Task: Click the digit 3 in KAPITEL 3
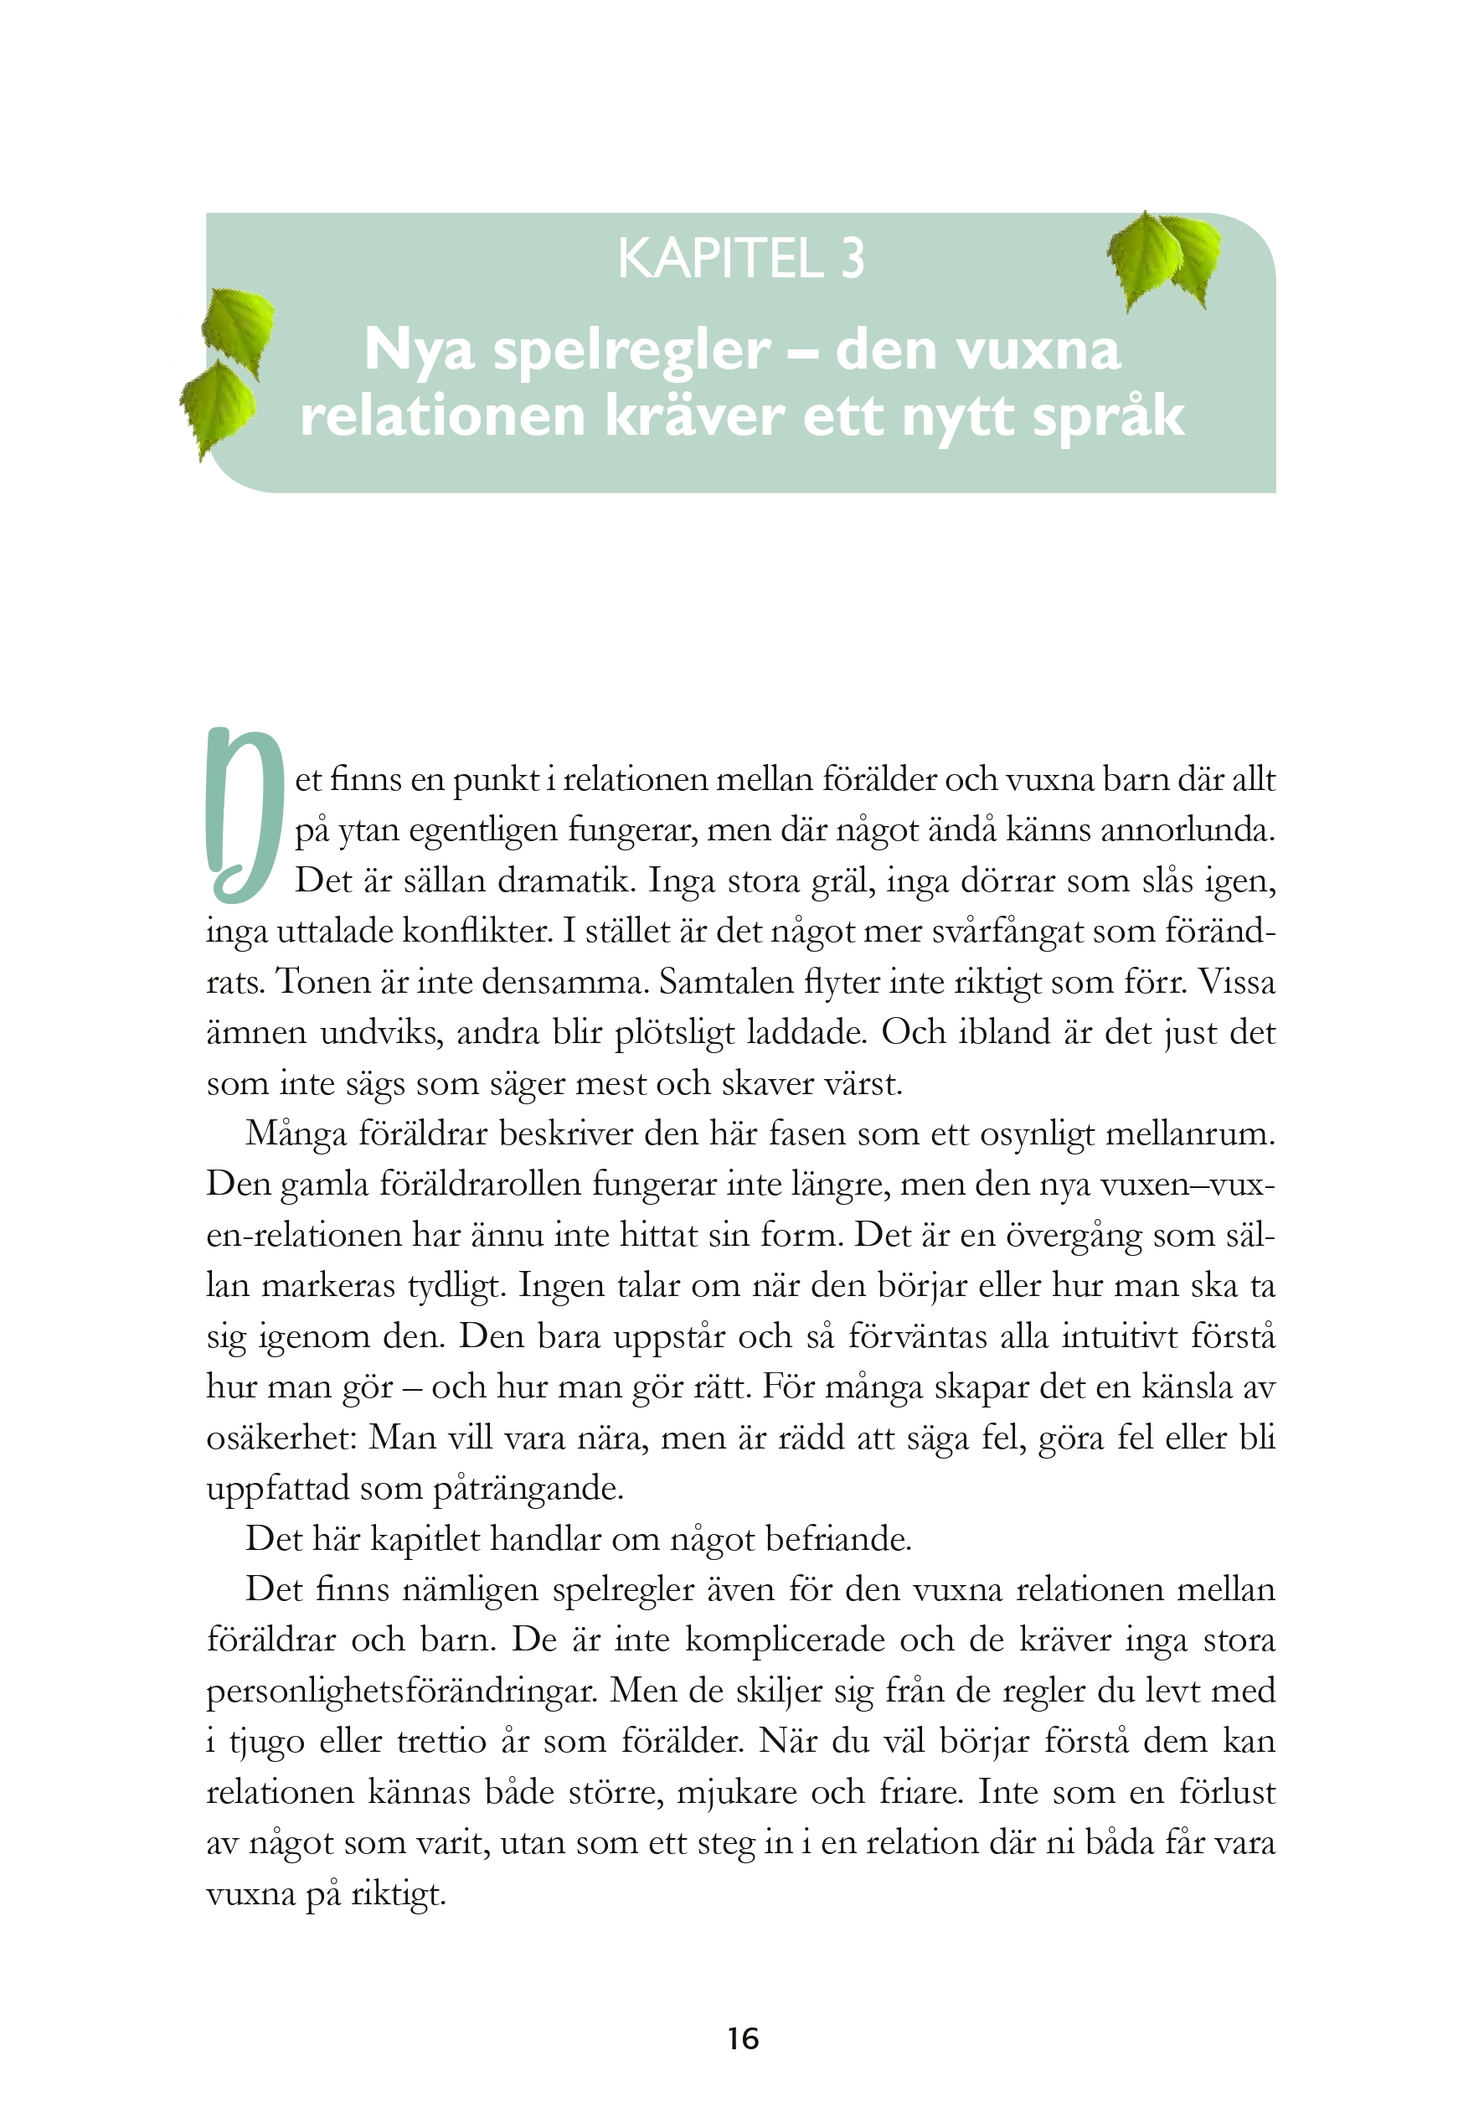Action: click(853, 259)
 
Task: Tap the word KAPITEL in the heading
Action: click(719, 259)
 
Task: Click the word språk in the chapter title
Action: click(1108, 417)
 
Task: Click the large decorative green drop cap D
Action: click(242, 816)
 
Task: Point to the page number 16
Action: click(743, 2039)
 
